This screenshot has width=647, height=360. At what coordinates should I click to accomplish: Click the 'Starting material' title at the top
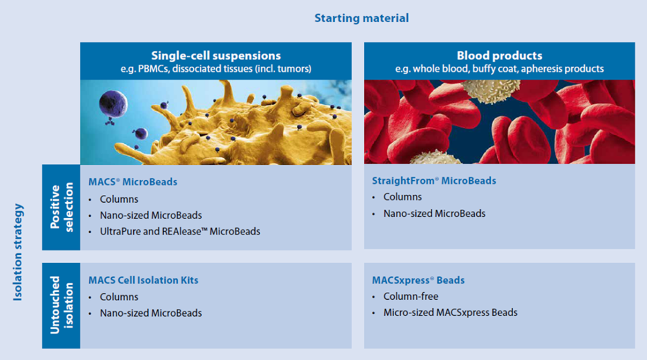[361, 18]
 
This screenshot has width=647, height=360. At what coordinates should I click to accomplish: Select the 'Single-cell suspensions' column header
[216, 56]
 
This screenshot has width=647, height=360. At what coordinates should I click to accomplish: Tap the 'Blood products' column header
[499, 56]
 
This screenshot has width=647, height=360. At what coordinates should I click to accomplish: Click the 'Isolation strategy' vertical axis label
[19, 253]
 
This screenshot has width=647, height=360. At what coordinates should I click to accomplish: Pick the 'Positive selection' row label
[61, 207]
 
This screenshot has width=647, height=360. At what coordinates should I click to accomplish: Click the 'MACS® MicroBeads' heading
[133, 182]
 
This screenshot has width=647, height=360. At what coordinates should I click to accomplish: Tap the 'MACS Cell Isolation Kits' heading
[143, 280]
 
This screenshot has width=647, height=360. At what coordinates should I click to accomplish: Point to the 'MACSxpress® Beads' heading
[418, 280]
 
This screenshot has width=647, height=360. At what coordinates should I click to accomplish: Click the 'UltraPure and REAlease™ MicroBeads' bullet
[180, 231]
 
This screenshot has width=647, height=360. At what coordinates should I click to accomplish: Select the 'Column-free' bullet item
[411, 297]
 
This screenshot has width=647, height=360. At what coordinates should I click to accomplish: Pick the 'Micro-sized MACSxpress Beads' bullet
[450, 313]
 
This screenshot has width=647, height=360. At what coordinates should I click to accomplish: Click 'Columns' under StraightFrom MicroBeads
[402, 197]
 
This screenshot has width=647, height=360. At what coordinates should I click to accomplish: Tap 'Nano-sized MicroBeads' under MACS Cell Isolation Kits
[151, 313]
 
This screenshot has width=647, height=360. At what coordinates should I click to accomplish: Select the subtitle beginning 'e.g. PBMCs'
[216, 69]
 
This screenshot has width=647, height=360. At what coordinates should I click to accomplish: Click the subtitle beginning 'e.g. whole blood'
[499, 69]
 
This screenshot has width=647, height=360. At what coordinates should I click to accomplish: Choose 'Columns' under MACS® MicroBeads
[119, 199]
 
